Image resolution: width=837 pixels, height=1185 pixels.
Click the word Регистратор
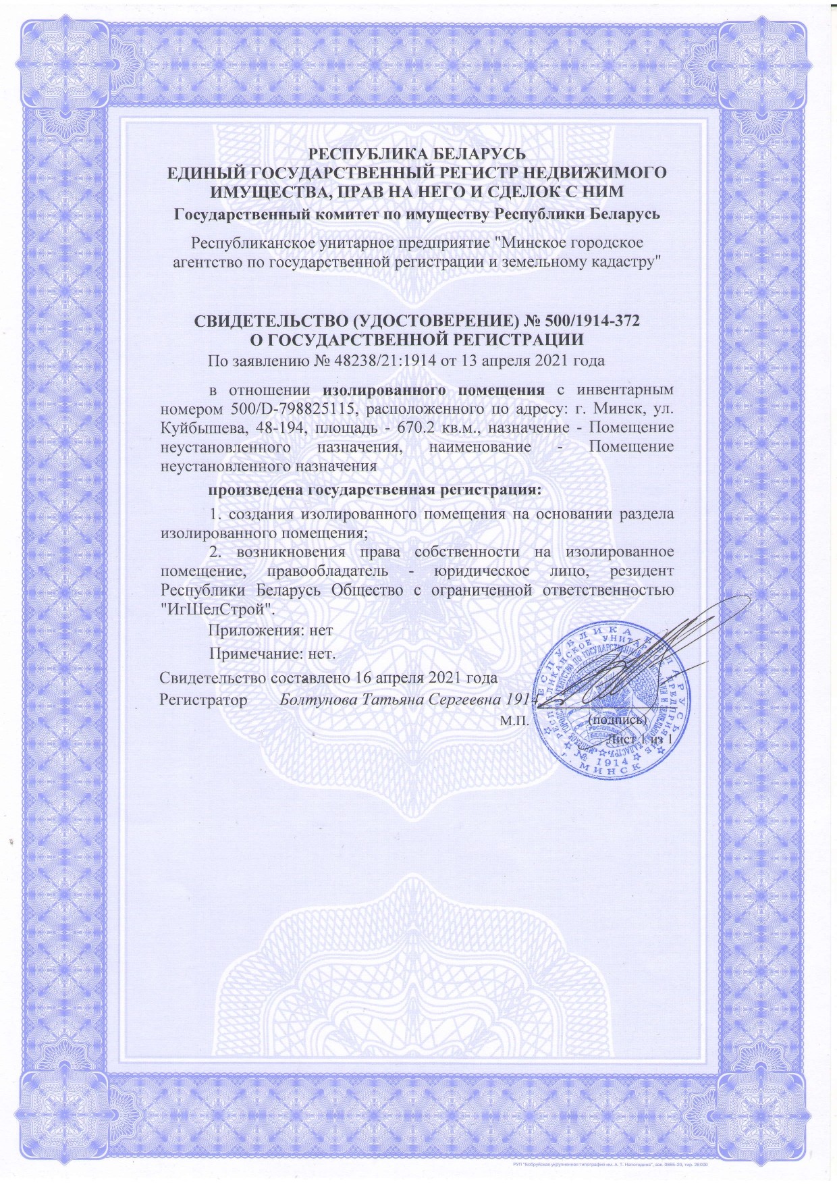pyautogui.click(x=203, y=699)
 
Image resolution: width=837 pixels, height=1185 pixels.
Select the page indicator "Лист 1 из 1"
pyautogui.click(x=640, y=739)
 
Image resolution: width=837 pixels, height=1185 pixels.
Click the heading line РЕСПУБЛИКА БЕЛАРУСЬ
pyautogui.click(x=417, y=153)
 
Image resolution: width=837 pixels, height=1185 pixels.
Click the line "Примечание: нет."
pyautogui.click(x=273, y=654)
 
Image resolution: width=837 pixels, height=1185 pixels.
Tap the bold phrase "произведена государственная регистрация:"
pyautogui.click(x=375, y=489)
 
